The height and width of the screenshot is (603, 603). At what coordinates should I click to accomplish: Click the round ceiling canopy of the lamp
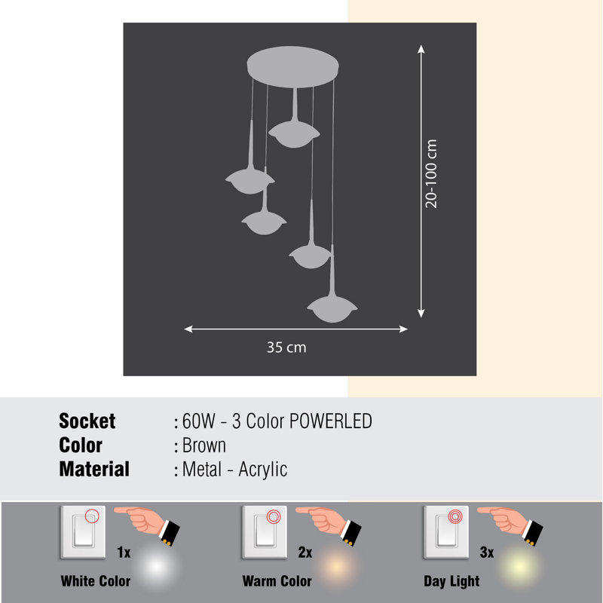(x=292, y=67)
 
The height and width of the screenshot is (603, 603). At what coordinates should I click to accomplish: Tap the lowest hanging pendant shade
(x=332, y=309)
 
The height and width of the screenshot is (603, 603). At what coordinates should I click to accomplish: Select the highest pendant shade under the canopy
(x=294, y=133)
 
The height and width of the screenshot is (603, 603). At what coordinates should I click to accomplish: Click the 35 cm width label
(x=286, y=347)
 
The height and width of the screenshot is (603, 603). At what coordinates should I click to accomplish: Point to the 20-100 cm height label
(x=431, y=174)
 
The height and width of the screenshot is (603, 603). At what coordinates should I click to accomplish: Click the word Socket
(x=87, y=421)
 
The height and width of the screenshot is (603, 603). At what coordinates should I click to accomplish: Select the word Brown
(x=204, y=445)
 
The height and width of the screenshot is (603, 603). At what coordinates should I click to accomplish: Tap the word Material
(x=94, y=469)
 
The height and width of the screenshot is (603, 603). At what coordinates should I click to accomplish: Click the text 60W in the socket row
(x=198, y=421)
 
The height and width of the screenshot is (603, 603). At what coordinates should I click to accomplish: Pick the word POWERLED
(x=331, y=421)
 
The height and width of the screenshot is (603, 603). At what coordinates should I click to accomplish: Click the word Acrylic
(x=262, y=470)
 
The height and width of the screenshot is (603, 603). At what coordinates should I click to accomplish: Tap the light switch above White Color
(x=83, y=532)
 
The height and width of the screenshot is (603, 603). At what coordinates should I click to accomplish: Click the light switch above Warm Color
(x=265, y=532)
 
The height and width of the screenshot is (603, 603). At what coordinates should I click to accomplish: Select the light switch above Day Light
(x=446, y=532)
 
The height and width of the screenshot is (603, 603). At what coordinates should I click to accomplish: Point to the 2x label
(x=305, y=552)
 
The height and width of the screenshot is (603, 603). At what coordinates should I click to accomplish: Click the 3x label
(x=487, y=552)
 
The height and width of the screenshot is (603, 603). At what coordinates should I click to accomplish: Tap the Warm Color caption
(x=277, y=581)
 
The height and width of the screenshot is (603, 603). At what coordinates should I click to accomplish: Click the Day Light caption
(x=451, y=581)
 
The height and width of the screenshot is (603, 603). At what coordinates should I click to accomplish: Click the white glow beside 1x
(x=156, y=567)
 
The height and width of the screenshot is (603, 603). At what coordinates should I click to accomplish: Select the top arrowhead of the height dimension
(x=421, y=49)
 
